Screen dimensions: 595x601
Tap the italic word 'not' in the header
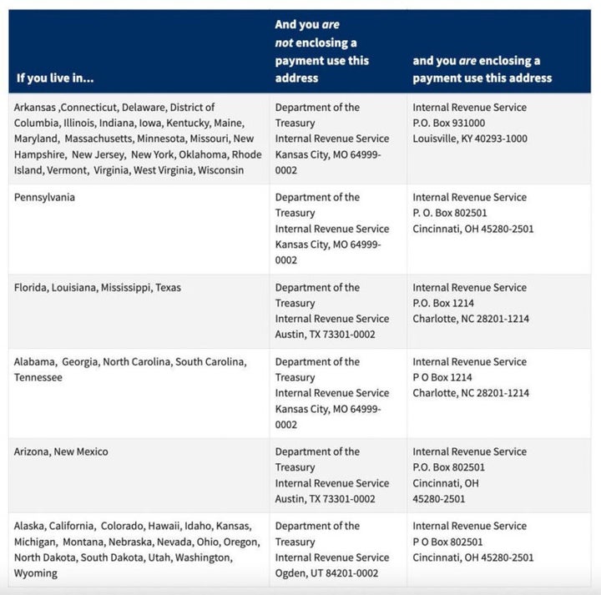[x=285, y=43]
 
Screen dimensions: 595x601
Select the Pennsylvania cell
[x=45, y=198]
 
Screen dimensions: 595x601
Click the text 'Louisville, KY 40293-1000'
[x=470, y=139]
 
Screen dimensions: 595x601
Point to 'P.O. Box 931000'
[x=449, y=123]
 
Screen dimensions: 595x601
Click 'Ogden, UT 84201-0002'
[x=326, y=573]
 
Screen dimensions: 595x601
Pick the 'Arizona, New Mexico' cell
[x=61, y=452]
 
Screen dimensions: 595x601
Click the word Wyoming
[x=36, y=573]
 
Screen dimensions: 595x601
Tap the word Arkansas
[x=35, y=108]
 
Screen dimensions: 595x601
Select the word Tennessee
[x=38, y=378]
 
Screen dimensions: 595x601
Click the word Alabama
[x=34, y=362]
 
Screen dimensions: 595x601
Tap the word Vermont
[x=66, y=170]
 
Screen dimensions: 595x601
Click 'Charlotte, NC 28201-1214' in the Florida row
[x=471, y=319]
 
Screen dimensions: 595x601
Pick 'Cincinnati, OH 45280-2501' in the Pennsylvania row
[x=473, y=229]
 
